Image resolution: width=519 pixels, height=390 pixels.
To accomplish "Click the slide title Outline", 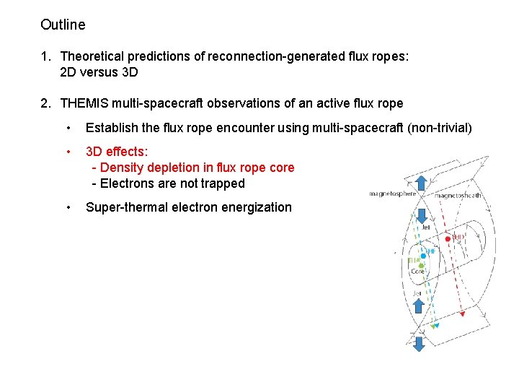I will click(63, 25).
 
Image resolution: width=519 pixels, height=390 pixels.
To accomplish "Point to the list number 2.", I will click(45, 103).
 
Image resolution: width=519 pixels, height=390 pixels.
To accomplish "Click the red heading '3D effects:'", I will click(117, 152).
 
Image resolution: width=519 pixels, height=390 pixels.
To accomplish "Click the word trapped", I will click(223, 183).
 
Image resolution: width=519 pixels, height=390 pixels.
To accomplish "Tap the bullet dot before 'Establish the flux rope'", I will click(68, 129).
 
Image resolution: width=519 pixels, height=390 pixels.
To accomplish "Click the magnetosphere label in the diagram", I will click(393, 194).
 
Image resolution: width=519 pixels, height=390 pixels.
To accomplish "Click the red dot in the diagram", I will click(448, 238).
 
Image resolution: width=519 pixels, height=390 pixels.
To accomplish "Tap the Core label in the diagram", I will click(417, 272).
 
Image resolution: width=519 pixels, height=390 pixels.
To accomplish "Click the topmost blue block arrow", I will click(420, 217).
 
